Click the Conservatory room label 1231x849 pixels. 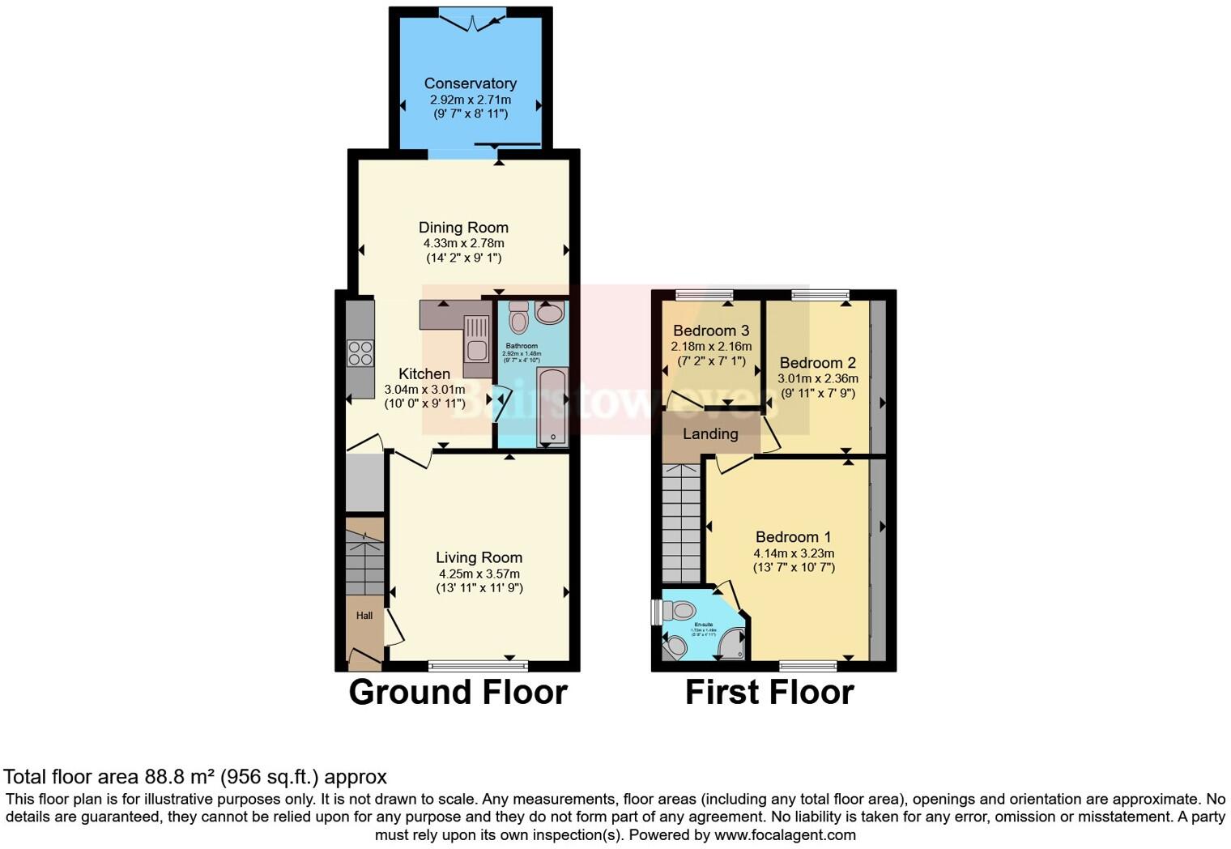[470, 83]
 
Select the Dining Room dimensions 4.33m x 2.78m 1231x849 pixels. [463, 243]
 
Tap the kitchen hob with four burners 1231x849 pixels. [360, 353]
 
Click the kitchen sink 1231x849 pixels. [476, 351]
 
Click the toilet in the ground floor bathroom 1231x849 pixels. [519, 318]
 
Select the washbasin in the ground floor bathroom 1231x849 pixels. [550, 312]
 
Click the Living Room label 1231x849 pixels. [479, 557]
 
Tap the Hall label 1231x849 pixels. [364, 616]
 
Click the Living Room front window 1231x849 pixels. [478, 666]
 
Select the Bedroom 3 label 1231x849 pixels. [711, 331]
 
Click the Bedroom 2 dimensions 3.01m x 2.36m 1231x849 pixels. [818, 378]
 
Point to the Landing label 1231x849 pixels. [710, 434]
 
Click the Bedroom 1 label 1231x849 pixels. [793, 537]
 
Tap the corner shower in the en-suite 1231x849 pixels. [732, 644]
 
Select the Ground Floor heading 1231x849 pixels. [458, 693]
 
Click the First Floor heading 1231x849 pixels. [769, 693]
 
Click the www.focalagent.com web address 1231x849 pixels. [783, 835]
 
